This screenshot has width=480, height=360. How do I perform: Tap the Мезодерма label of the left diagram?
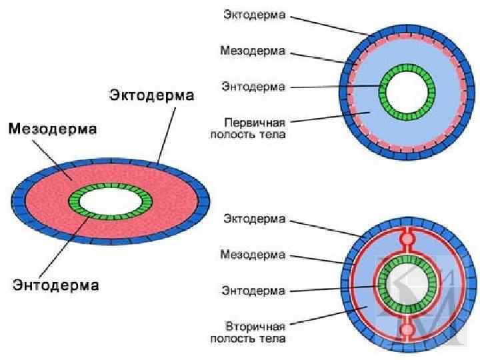pos(53,127)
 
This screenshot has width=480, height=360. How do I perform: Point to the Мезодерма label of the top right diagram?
pos(253,51)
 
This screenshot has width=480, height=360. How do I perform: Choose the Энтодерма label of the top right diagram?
pos(253,87)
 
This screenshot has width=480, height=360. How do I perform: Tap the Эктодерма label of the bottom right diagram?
pos(254,219)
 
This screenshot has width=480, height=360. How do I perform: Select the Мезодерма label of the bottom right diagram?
pos(253,255)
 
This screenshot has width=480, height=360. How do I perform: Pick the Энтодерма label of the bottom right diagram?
pos(253,291)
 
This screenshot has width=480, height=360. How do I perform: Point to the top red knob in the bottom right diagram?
pos(407,238)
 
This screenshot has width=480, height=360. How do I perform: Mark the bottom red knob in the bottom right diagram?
pos(407,331)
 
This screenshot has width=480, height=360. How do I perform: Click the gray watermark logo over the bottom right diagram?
pos(427,293)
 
